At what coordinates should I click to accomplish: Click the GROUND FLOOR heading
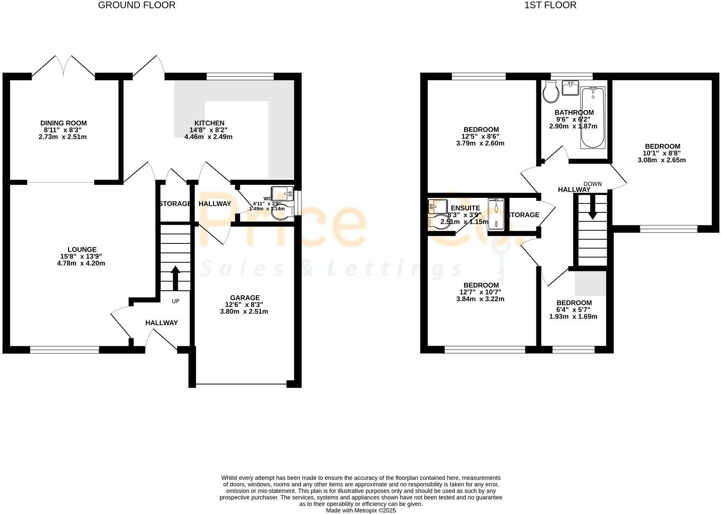point(137,5)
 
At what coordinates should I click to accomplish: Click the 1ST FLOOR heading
point(550,5)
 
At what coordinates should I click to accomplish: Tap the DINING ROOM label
point(64,123)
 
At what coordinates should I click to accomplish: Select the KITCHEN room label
point(209,123)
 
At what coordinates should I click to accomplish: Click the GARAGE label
point(245,298)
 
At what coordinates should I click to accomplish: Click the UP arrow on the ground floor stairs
point(175,278)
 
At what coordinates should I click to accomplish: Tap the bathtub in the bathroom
point(593,118)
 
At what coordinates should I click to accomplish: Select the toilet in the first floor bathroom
point(551,92)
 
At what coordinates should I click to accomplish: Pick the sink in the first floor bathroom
point(570,88)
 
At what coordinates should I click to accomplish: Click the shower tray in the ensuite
point(496,212)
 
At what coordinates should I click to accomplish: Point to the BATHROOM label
point(574,113)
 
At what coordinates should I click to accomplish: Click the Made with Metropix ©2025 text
point(361,510)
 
